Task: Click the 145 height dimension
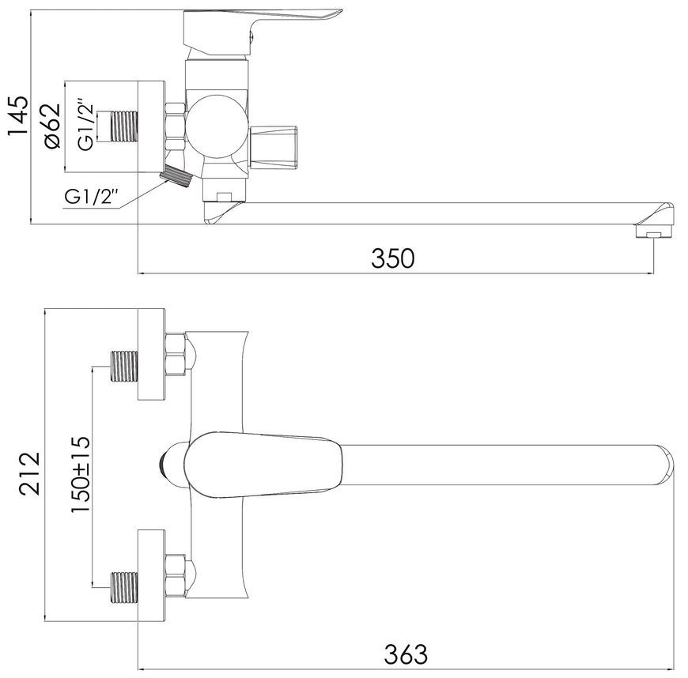coord(19,115)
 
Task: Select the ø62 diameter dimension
coord(49,126)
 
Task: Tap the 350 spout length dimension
coord(393,258)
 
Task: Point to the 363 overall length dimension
coord(406,654)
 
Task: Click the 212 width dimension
coord(30,473)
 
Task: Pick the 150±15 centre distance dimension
coord(81,474)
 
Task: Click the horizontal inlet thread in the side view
coord(124,126)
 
